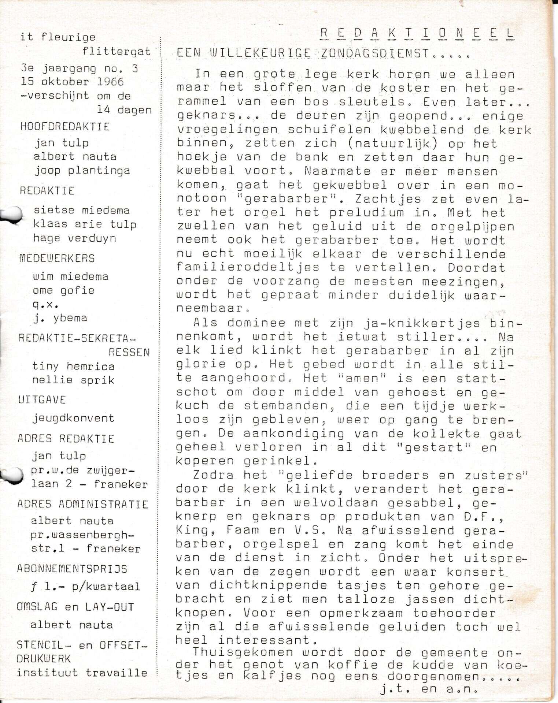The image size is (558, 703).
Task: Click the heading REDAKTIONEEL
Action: coord(417,33)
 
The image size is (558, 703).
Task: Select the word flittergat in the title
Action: coord(116,52)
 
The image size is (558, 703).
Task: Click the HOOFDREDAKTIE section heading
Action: coord(65,127)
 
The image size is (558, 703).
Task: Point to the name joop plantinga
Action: coord(82,171)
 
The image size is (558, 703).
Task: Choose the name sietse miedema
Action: coord(81,211)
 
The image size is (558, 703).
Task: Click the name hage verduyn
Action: coord(74,238)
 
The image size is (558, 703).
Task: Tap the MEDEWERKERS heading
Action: coord(57,258)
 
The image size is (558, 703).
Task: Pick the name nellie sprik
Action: coord(73,380)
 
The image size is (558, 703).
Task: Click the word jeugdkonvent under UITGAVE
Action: coord(73,418)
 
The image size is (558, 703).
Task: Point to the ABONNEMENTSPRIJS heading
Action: coord(72,569)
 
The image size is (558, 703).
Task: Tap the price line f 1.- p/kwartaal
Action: coord(85,587)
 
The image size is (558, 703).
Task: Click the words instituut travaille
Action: coord(82,673)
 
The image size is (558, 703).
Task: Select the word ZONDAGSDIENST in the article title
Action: coord(374,53)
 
